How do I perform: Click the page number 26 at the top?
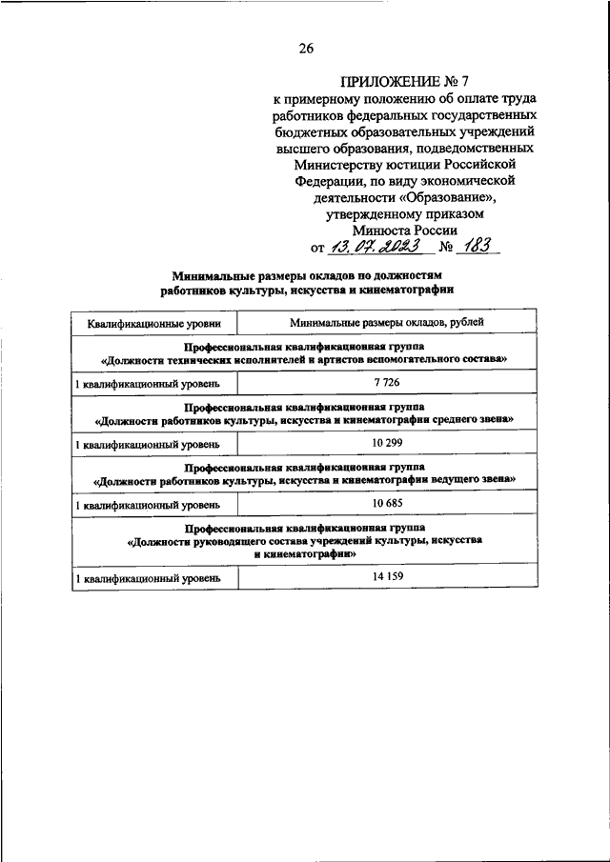click(305, 50)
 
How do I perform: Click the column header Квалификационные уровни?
click(154, 322)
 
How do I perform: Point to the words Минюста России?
click(405, 230)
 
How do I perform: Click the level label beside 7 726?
click(148, 383)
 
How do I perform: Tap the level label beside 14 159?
click(148, 578)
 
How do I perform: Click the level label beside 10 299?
click(148, 445)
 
